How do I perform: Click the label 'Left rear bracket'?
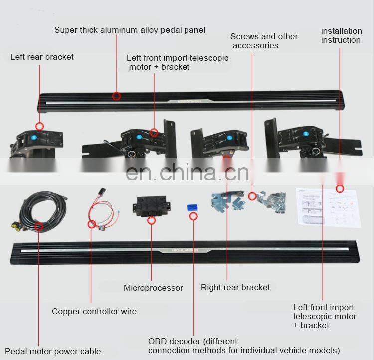(x=42, y=57)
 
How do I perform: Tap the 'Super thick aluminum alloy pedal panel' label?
(x=130, y=30)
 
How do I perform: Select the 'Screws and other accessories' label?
(x=264, y=41)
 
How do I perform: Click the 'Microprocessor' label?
(x=153, y=288)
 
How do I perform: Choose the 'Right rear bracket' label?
(x=235, y=287)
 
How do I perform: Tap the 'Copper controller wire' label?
(x=94, y=311)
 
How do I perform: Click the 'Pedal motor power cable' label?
(x=53, y=352)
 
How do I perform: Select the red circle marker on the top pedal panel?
(x=117, y=96)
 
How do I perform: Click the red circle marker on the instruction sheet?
(x=340, y=188)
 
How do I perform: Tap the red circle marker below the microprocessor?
(x=152, y=220)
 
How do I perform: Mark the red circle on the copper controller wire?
(x=91, y=224)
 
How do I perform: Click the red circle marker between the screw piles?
(x=252, y=196)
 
